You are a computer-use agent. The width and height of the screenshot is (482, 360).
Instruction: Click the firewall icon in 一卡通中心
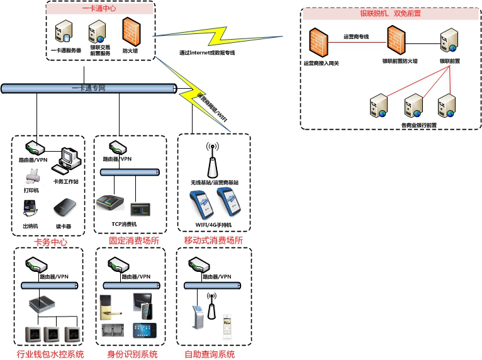pyautogui.click(x=130, y=30)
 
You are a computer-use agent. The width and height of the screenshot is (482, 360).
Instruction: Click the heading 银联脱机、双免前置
pyautogui.click(x=390, y=13)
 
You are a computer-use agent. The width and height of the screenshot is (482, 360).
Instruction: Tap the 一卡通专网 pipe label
pyautogui.click(x=88, y=88)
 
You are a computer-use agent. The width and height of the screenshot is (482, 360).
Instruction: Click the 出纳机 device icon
pyautogui.click(x=30, y=208)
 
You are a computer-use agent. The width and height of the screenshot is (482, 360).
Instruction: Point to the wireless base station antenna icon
pyautogui.click(x=212, y=160)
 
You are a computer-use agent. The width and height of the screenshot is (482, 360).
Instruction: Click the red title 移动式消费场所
pyautogui.click(x=213, y=241)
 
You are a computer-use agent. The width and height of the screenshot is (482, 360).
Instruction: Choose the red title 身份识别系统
pyautogui.click(x=132, y=355)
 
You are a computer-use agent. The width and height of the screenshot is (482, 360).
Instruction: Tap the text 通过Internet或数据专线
pyautogui.click(x=207, y=53)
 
